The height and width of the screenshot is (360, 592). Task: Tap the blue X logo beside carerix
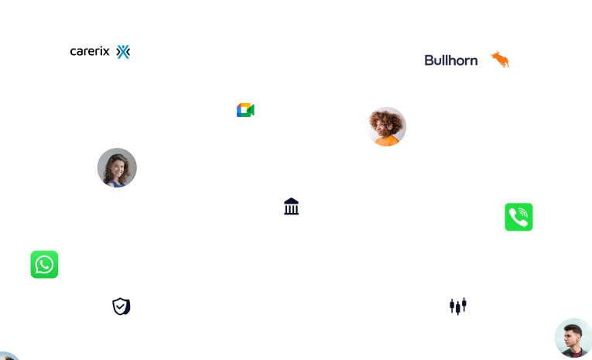123,52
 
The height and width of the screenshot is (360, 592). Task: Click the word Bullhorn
451,60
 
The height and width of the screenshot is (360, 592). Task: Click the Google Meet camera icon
245,110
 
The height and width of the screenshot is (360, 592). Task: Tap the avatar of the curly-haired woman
386,126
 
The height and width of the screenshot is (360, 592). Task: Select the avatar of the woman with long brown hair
117,167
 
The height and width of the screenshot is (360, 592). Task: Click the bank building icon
292,207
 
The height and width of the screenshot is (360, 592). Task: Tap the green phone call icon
518,217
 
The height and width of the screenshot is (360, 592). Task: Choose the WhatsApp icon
44,265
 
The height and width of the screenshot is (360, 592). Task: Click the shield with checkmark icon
121,307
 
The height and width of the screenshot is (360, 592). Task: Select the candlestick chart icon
459,307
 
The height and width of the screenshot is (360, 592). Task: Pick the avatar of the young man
573,338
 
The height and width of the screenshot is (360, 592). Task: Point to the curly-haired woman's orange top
386,141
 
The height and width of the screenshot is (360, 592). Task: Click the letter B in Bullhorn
429,60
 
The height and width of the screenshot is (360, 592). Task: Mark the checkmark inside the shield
121,307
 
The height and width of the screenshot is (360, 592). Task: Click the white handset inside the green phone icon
518,218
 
